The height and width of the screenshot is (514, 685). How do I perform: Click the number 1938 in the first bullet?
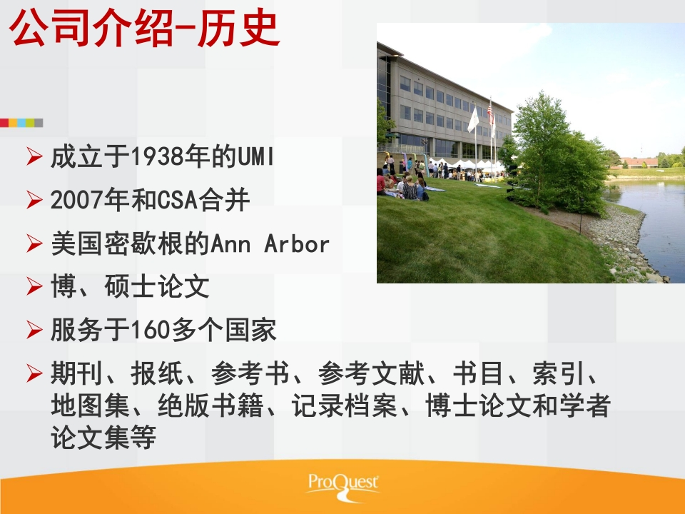coord(157,156)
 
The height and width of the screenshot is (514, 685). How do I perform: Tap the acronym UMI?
coord(255,156)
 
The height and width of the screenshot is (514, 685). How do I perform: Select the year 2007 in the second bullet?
coord(76,200)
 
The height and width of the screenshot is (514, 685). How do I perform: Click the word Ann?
coord(230,243)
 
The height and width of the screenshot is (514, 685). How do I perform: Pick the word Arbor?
coord(297,243)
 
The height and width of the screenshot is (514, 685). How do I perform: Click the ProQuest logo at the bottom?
coord(343,486)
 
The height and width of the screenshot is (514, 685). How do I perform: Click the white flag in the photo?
coord(473,119)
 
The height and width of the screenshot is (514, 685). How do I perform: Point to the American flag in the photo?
coord(491,114)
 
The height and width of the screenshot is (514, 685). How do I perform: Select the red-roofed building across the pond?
coord(639,162)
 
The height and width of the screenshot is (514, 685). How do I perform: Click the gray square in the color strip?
coord(39,123)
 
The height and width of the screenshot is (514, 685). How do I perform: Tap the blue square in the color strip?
coord(21,123)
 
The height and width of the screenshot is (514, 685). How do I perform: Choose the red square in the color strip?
coord(4,123)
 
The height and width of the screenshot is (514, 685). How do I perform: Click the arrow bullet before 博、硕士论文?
coord(34,286)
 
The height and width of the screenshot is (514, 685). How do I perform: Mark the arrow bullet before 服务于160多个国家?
coord(34,330)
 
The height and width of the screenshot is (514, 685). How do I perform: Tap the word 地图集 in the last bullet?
coord(91,405)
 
